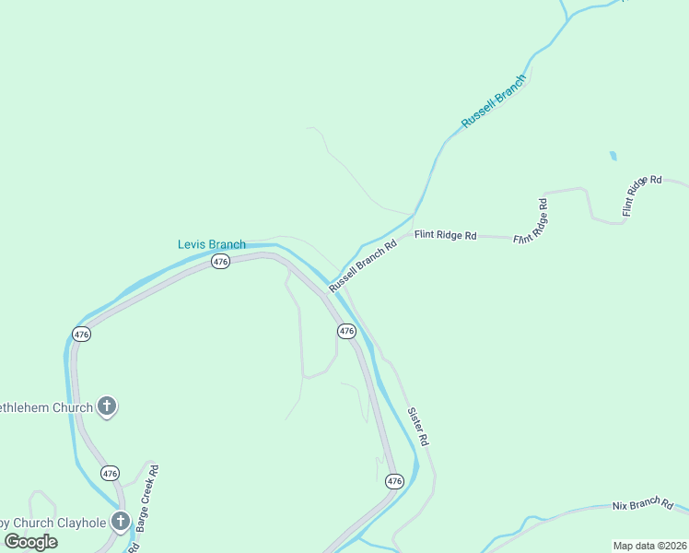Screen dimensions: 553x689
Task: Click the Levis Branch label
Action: coord(211,244)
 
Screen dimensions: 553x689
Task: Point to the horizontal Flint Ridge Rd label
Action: coord(445,236)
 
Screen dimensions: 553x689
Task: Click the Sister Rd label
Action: coord(418,427)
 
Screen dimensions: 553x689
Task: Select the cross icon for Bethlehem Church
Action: coord(107,406)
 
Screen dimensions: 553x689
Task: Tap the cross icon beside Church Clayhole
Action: coord(120,522)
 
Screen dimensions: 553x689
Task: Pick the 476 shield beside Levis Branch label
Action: coord(219,262)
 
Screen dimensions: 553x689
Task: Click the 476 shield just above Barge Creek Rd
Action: coord(110,474)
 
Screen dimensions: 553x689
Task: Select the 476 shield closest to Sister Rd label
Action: coord(394,481)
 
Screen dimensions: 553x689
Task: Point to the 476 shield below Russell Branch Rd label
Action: coord(346,331)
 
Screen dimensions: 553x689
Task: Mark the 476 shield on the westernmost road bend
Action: coord(82,335)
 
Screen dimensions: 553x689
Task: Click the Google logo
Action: coord(31,542)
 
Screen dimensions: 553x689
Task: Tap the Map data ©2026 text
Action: coord(649,546)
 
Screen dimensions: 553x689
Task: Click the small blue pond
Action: coord(613,157)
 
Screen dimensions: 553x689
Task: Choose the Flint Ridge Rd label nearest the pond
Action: coord(641,195)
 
